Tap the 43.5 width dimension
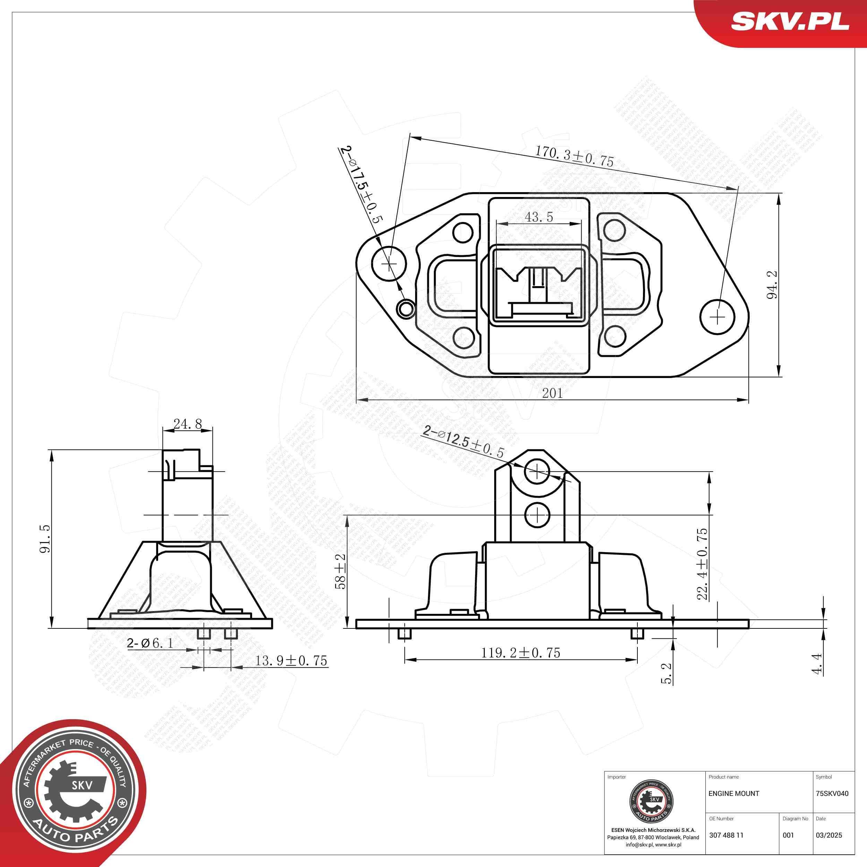click(x=539, y=217)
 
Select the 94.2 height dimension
click(x=772, y=285)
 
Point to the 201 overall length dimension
click(x=552, y=393)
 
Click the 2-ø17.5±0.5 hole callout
click(x=361, y=185)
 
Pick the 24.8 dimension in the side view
click(x=188, y=424)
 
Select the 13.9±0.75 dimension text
click(x=291, y=661)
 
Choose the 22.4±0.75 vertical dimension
click(x=702, y=564)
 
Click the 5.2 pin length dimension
click(x=667, y=673)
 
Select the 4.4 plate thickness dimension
click(x=817, y=663)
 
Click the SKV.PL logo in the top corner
click(x=790, y=21)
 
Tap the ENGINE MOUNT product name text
click(x=734, y=793)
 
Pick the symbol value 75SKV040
click(x=832, y=793)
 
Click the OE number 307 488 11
click(x=726, y=835)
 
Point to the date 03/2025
click(x=829, y=835)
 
